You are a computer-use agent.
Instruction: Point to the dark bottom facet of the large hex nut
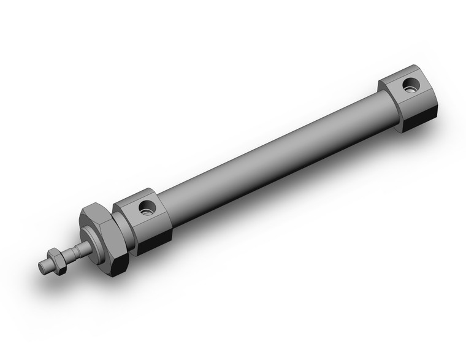[x=116, y=265]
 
